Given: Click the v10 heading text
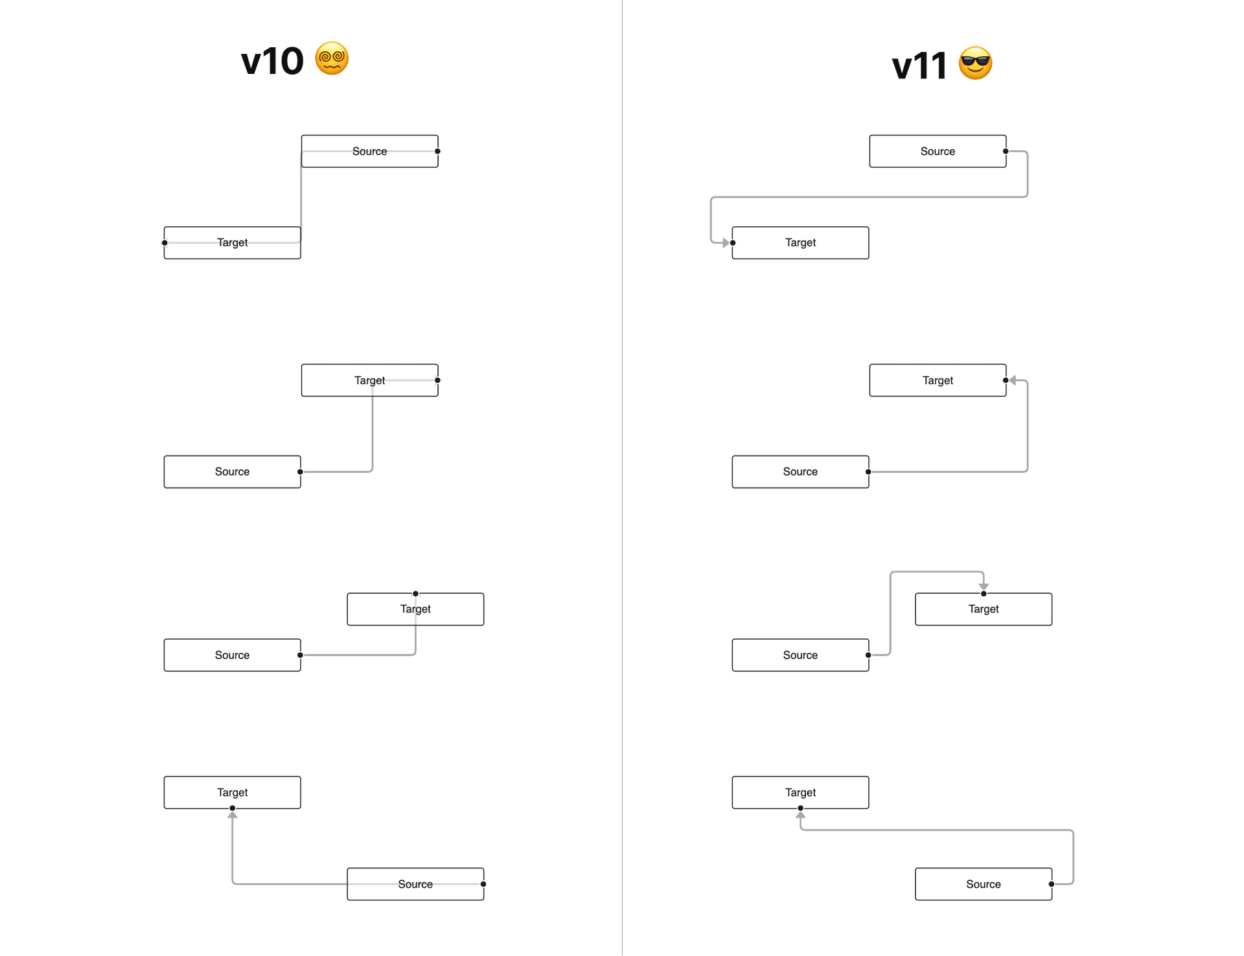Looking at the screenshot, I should click(272, 62).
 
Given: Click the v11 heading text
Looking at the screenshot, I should click(919, 66).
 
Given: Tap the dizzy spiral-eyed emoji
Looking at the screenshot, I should click(332, 59).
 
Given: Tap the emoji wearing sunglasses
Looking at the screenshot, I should click(975, 64).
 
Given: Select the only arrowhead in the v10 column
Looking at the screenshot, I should click(233, 815).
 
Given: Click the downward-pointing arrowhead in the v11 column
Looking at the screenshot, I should click(984, 587).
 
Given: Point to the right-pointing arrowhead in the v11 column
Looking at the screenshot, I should click(726, 243).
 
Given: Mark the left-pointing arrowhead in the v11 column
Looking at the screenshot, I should click(1013, 380).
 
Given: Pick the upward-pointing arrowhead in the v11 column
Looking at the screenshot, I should click(801, 815).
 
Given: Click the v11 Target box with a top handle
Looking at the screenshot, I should click(984, 609).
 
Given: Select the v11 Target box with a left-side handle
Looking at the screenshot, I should click(801, 243).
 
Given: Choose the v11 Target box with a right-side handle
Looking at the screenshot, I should click(938, 380).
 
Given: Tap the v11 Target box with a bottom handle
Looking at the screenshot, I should click(801, 792).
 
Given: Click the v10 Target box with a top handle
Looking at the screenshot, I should click(415, 609).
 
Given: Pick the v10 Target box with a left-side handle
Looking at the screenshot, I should click(233, 243).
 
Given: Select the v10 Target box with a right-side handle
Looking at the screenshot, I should click(369, 380).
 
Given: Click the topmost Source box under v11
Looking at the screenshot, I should click(938, 151).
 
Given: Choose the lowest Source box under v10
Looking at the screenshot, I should click(415, 884).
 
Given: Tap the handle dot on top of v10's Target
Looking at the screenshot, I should click(416, 594).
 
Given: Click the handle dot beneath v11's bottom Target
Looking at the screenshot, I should click(801, 808).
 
